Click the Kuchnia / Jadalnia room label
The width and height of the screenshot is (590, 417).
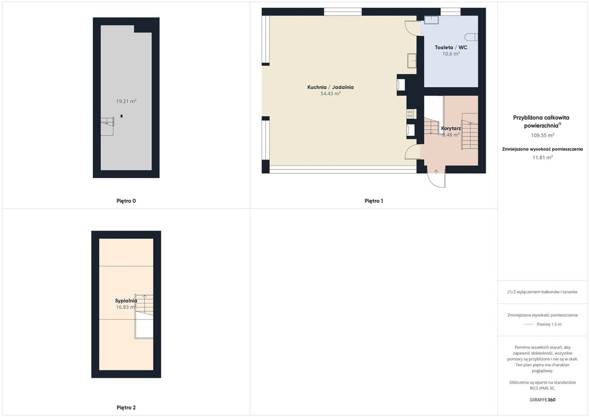tap(330, 87)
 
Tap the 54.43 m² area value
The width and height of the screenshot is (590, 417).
tap(330, 94)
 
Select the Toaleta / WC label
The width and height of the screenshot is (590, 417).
tap(451, 47)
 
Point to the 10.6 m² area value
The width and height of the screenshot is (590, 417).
tap(451, 54)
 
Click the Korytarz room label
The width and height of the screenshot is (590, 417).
tap(451, 128)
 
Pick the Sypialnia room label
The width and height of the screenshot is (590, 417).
tap(126, 301)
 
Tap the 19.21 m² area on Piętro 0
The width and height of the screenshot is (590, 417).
tap(126, 101)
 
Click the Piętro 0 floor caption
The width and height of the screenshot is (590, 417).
tap(126, 201)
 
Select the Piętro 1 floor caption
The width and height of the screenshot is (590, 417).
tap(373, 201)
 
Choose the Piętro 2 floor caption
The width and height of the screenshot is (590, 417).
tap(126, 408)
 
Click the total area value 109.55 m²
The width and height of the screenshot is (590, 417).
tap(543, 135)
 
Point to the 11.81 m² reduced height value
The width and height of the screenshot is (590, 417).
tap(543, 158)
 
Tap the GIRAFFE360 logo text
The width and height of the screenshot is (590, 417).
tap(543, 400)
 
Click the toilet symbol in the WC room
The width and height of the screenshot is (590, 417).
tap(472, 37)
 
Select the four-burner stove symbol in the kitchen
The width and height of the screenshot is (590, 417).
tap(410, 113)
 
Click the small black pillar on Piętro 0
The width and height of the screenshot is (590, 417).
tap(121, 116)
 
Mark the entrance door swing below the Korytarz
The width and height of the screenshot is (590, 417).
tap(437, 177)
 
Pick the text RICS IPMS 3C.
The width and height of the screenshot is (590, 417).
tap(543, 388)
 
